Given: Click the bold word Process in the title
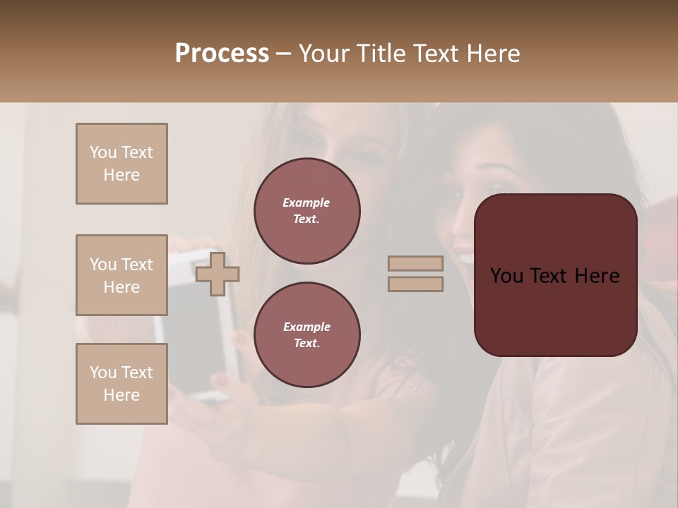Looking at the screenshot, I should pos(222,53).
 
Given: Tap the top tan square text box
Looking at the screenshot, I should pos(121,164).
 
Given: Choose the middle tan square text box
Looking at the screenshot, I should pos(121,275).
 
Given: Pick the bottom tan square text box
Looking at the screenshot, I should pos(121,384).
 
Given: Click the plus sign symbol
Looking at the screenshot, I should pos(218,274).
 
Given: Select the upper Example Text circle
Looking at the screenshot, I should pos(307,211).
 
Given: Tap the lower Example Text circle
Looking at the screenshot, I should pos(307,335).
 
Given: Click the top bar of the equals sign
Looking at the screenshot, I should pos(415,263).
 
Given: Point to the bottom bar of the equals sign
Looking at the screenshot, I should pos(415,284).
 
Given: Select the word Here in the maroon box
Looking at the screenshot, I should pos(597,276).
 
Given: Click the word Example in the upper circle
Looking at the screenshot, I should pos(307,202).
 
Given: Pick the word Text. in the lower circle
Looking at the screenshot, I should pos(307,343).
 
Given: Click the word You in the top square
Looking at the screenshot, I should pos(103,152).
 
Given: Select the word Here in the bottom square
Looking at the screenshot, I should pos(121,395).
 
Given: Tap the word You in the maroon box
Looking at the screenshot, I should pos(506,276).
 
